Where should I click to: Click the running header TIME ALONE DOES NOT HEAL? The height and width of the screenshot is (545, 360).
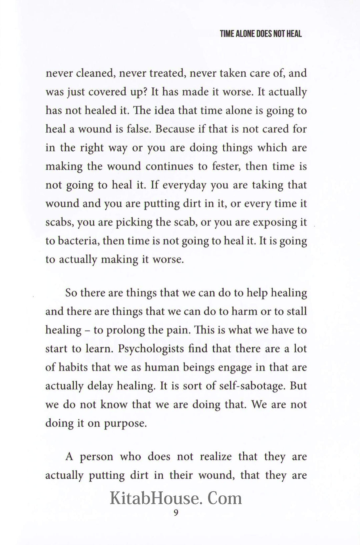tap(261, 34)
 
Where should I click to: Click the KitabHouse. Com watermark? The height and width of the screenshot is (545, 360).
tap(176, 499)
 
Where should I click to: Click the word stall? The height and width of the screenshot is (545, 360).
tap(296, 312)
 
